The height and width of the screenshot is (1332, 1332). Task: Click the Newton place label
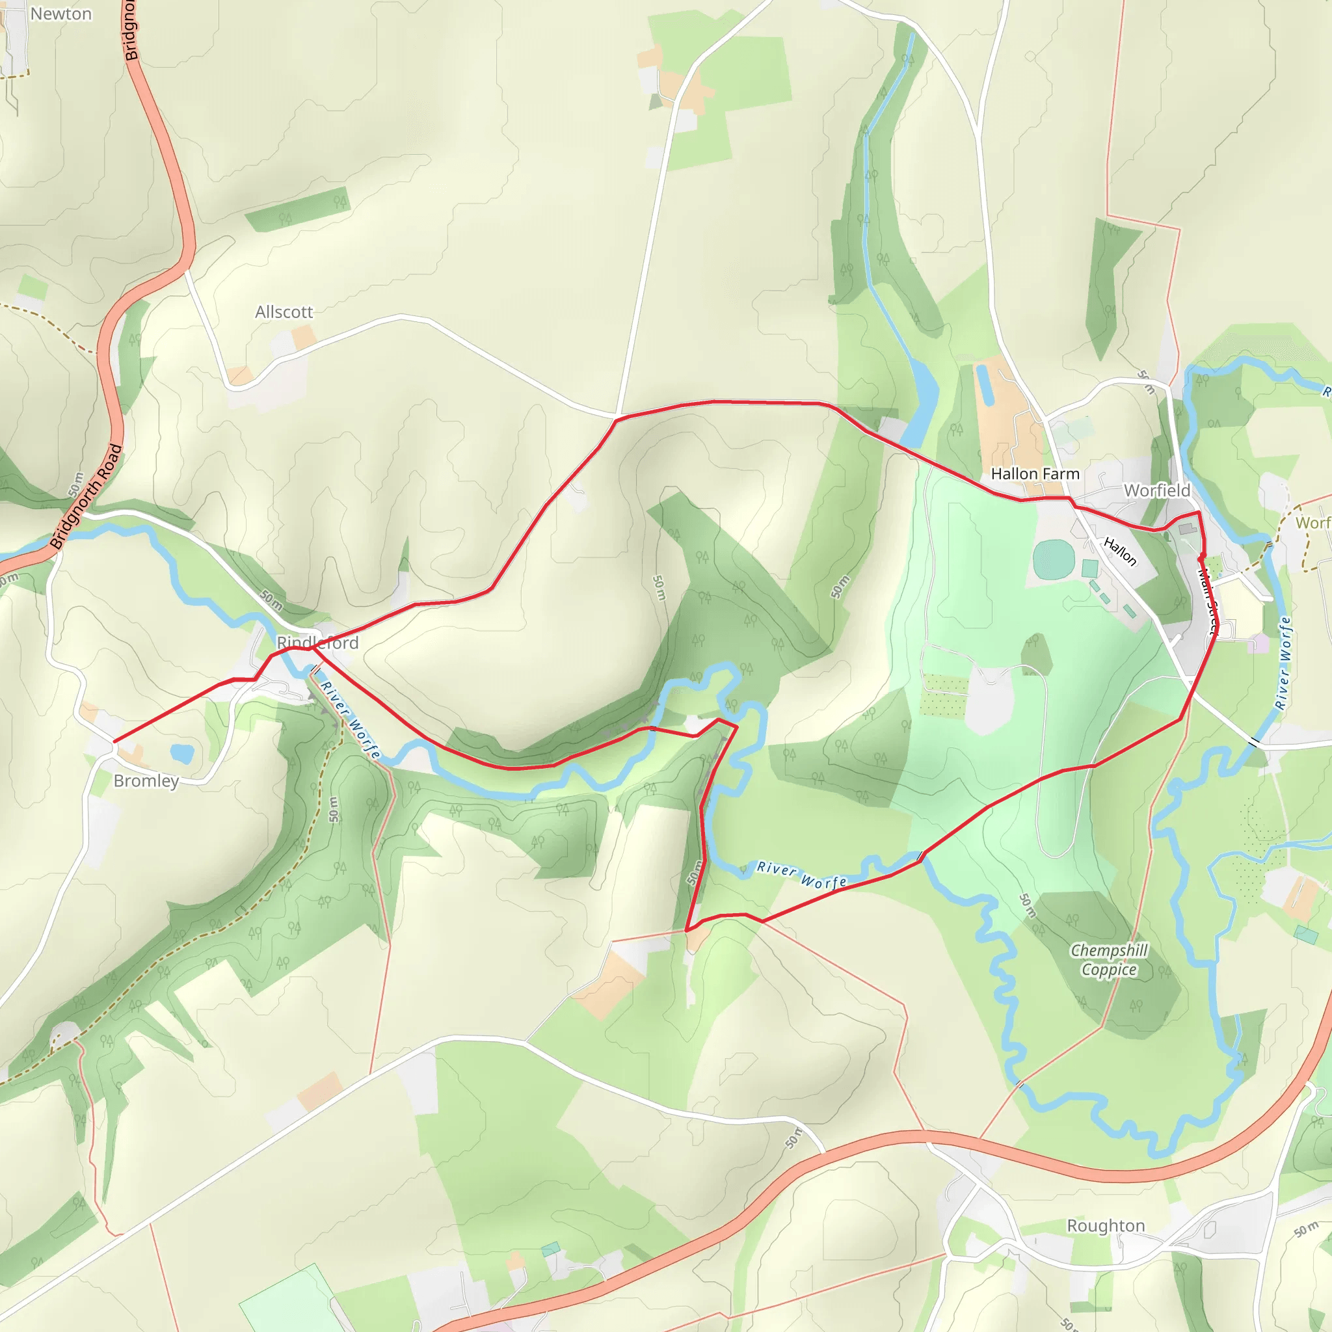(x=60, y=14)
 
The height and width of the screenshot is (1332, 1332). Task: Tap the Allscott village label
(x=284, y=312)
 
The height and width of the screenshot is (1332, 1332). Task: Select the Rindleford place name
(x=317, y=643)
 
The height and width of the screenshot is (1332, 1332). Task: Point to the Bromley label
(x=146, y=780)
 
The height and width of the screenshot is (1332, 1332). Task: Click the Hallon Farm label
(x=1035, y=473)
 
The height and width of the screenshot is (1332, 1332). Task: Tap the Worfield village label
(x=1157, y=490)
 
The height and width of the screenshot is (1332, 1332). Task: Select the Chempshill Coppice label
(x=1109, y=960)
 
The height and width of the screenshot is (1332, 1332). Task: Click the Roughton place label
(x=1106, y=1225)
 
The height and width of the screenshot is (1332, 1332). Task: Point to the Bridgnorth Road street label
(x=87, y=496)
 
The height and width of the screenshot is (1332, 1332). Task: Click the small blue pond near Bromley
(x=181, y=753)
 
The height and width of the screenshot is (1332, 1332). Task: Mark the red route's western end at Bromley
(x=114, y=742)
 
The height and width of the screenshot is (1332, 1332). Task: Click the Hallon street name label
(x=1120, y=552)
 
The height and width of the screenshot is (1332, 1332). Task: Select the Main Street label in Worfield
(x=1208, y=600)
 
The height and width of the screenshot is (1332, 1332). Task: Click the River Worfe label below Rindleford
(x=351, y=720)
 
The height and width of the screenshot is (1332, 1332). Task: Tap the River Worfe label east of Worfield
(x=1283, y=663)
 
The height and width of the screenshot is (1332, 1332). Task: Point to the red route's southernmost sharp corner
(x=687, y=930)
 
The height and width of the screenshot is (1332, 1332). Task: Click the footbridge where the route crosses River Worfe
(x=920, y=857)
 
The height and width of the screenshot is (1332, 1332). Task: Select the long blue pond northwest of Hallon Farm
(x=985, y=385)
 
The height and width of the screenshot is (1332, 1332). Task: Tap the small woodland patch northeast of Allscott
(x=299, y=210)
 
